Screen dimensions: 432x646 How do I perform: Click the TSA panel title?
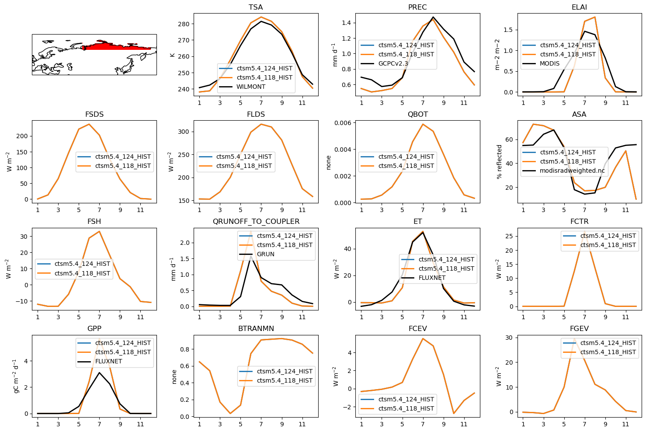(256, 7)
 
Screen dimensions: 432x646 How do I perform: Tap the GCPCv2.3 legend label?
(393, 63)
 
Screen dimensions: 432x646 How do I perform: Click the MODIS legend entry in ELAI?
(549, 63)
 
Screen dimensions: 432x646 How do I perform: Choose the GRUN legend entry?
(265, 254)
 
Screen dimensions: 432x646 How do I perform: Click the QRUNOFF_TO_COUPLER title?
(256, 221)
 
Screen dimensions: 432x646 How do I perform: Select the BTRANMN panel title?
(256, 328)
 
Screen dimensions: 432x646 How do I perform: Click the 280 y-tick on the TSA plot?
(184, 24)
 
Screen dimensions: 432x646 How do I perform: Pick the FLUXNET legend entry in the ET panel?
(432, 278)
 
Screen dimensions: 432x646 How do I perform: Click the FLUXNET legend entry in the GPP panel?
(108, 361)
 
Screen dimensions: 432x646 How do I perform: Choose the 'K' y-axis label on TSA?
(172, 55)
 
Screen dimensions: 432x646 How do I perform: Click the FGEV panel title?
(579, 328)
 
